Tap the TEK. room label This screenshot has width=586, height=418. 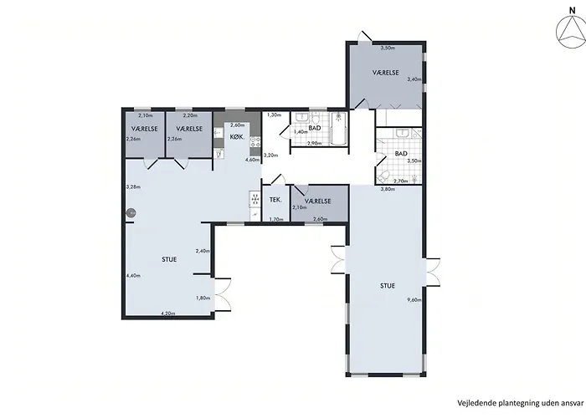[275, 200]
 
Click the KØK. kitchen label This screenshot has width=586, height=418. [237, 137]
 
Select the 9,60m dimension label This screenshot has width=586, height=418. [414, 299]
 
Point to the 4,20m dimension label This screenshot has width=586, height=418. [167, 313]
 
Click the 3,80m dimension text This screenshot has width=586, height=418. [388, 189]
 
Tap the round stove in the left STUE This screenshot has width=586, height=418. [131, 213]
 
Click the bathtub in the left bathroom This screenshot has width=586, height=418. [339, 129]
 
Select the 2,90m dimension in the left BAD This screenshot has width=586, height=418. [314, 143]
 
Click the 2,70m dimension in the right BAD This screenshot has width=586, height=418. [401, 181]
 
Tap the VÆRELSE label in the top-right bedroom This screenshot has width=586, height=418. [386, 73]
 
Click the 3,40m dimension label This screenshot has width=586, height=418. [414, 79]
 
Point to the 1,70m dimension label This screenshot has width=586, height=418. [276, 219]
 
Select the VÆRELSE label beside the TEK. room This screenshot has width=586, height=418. [317, 201]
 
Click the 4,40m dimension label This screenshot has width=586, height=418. [133, 276]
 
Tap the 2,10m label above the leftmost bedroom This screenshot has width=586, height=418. [146, 115]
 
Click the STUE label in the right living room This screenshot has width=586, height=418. [388, 286]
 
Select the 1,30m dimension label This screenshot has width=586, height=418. [274, 115]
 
